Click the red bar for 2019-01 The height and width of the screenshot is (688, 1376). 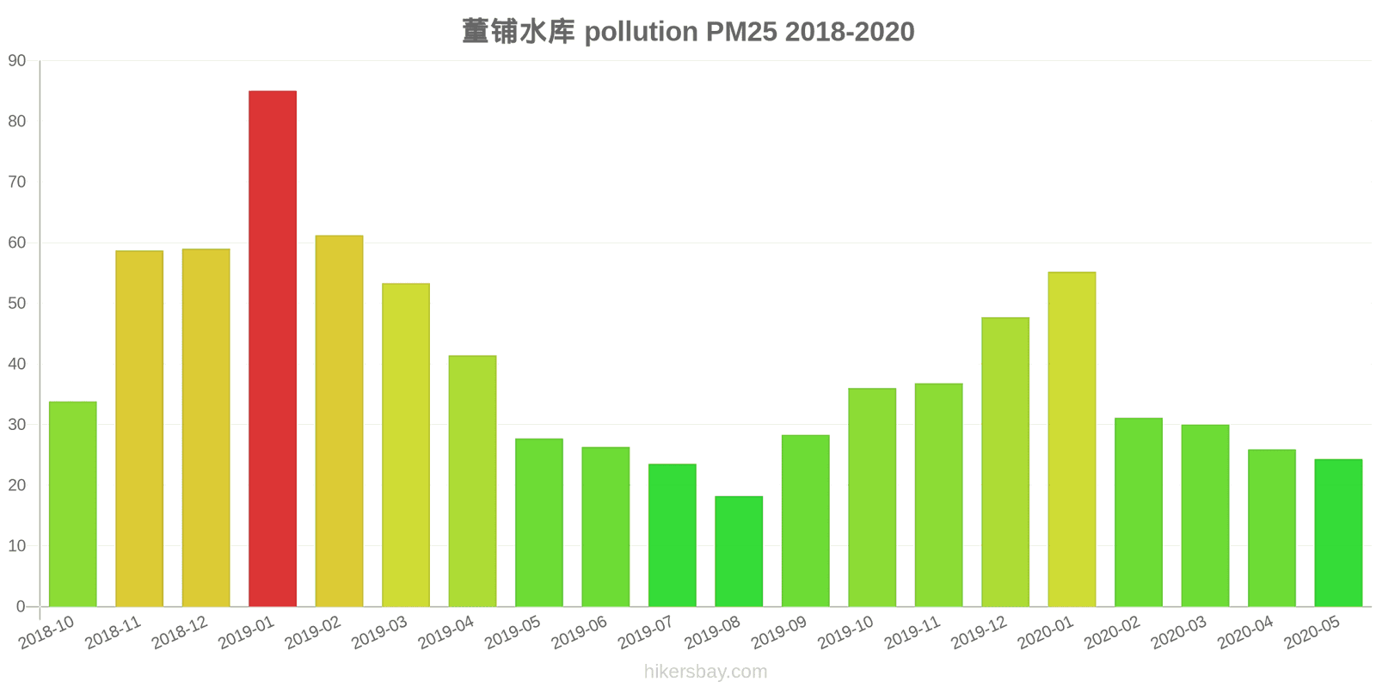[x=273, y=348]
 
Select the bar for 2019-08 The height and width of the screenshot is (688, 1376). [x=739, y=551]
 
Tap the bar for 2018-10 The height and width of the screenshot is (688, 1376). [x=73, y=504]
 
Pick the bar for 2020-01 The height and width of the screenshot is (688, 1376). [x=1072, y=439]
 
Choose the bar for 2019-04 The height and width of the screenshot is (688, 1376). [x=472, y=481]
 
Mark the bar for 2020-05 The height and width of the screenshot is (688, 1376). [x=1338, y=533]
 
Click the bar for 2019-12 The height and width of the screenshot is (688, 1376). [x=1005, y=462]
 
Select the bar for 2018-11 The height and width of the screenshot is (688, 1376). [x=139, y=428]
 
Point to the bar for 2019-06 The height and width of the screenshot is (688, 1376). [x=605, y=526]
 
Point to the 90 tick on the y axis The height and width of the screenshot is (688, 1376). [x=17, y=61]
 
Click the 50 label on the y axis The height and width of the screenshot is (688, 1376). [x=17, y=304]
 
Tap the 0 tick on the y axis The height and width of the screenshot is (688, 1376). [x=21, y=606]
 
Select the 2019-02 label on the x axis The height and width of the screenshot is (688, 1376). [x=313, y=633]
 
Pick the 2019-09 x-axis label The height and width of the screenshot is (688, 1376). [x=779, y=633]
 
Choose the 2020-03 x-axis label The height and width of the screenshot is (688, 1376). [x=1179, y=633]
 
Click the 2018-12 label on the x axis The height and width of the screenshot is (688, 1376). [x=180, y=633]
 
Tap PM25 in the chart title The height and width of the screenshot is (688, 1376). [x=741, y=32]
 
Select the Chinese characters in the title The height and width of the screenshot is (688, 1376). [x=518, y=32]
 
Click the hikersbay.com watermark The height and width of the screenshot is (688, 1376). [x=705, y=672]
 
